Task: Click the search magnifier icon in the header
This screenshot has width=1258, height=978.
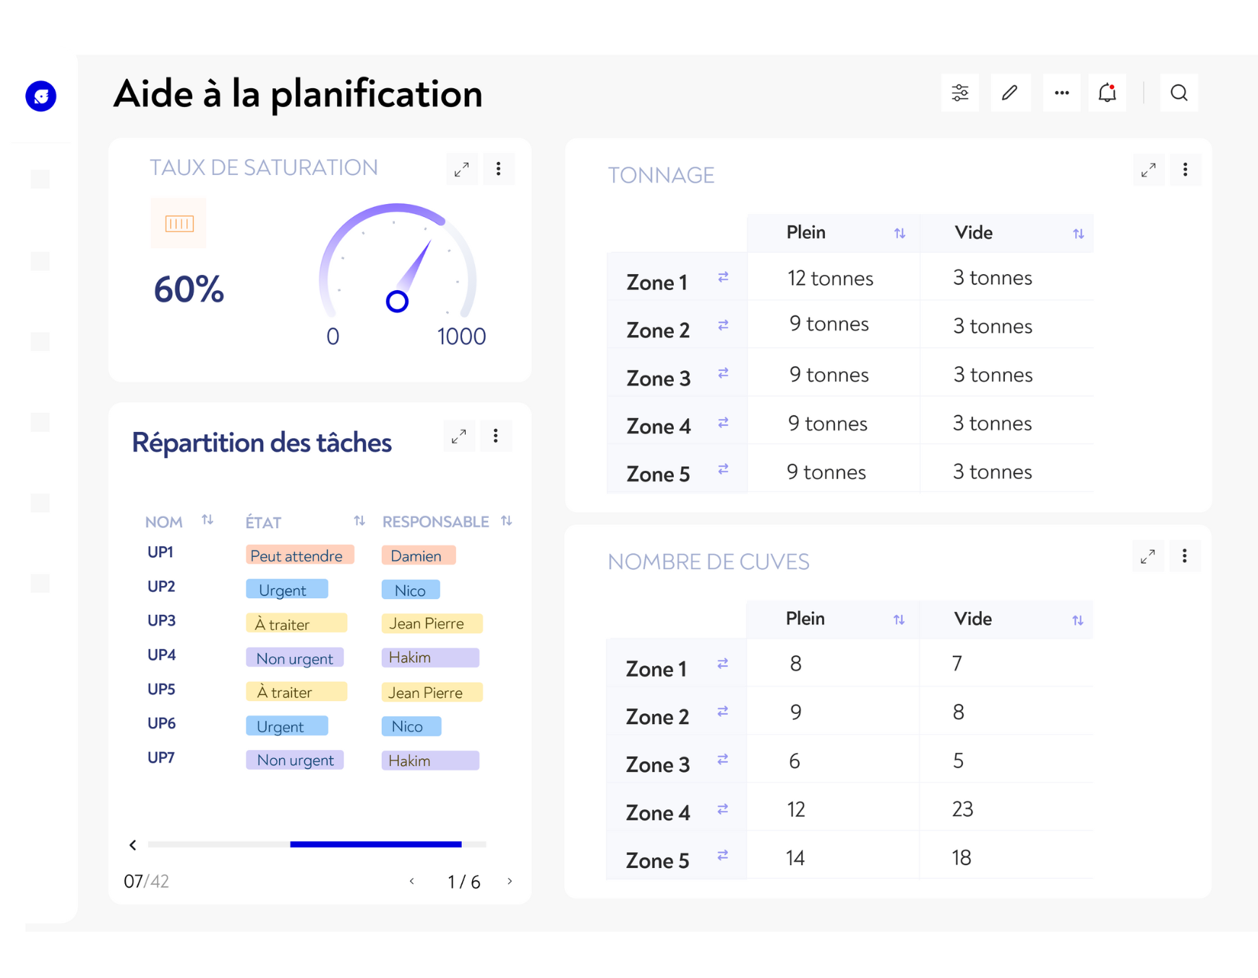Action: (x=1178, y=93)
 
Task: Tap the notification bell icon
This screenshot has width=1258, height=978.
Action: (x=1107, y=93)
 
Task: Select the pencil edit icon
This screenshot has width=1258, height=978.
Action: (x=1010, y=93)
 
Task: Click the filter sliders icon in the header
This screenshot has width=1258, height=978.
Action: (x=960, y=93)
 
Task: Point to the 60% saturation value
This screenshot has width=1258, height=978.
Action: (x=189, y=289)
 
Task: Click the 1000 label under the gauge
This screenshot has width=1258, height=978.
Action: (x=461, y=336)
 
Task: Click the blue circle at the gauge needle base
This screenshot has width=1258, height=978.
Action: (x=397, y=301)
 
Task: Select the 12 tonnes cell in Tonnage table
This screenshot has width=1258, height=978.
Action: (x=830, y=278)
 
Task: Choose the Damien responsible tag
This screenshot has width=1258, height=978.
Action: (x=417, y=556)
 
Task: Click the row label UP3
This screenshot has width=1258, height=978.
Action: (x=161, y=621)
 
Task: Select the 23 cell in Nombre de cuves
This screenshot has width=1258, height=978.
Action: (x=962, y=809)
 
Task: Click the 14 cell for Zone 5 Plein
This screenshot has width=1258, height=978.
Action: (x=795, y=858)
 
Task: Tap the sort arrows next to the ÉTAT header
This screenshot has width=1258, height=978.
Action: (x=359, y=521)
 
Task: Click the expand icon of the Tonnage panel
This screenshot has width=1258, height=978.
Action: (x=1148, y=170)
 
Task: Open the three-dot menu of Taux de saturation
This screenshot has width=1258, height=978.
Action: (x=498, y=169)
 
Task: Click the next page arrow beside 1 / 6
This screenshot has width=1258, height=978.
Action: (x=510, y=881)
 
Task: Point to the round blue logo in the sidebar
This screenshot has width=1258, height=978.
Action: (x=41, y=95)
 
